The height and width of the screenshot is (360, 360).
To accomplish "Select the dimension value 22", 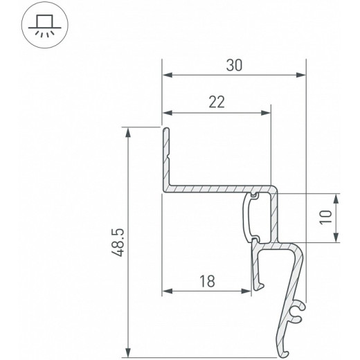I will click(x=217, y=102).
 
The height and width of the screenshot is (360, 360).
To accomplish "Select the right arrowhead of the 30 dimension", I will click(x=301, y=75).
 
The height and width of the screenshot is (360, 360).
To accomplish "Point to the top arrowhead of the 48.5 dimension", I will click(x=128, y=131).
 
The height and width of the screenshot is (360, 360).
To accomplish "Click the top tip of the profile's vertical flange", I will click(x=165, y=129).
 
